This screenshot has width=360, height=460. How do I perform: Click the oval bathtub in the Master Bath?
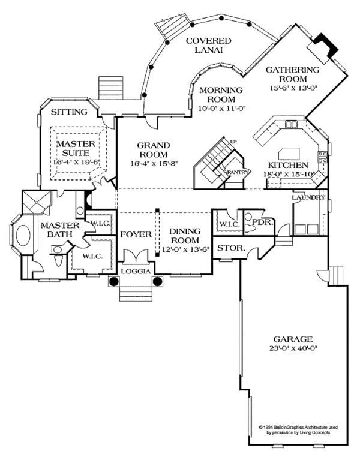[x=26, y=237]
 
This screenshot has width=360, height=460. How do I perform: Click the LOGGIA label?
[x=136, y=271]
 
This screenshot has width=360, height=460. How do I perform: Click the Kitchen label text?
[x=288, y=165]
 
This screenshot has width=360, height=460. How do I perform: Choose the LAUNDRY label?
[x=308, y=197]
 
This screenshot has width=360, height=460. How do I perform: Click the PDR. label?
[x=263, y=222]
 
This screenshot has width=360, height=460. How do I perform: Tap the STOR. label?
[x=229, y=248]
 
